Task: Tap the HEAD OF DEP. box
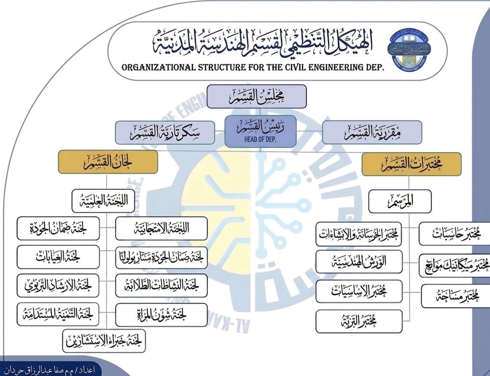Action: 259,132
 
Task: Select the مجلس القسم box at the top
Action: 257,96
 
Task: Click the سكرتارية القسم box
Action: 165,132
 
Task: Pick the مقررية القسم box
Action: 372,132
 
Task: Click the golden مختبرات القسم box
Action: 411,164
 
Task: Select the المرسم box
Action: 400,201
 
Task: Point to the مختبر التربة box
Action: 359,321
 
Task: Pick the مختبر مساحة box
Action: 456,296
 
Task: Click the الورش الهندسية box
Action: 359,262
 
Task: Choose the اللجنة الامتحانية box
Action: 161,228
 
